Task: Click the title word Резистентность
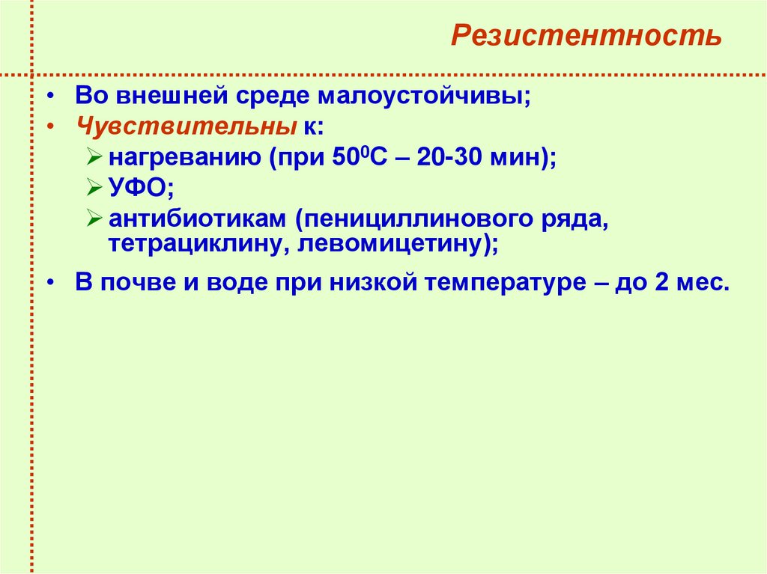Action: (586, 36)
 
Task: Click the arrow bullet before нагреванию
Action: (94, 157)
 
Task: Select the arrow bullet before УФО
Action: (94, 187)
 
